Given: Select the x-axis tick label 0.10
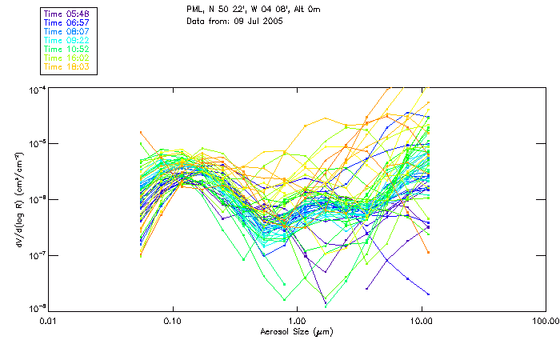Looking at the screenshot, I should pyautogui.click(x=173, y=322).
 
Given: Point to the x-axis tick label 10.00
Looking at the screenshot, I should pyautogui.click(x=421, y=322).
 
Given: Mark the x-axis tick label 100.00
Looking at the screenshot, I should pyautogui.click(x=544, y=322).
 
